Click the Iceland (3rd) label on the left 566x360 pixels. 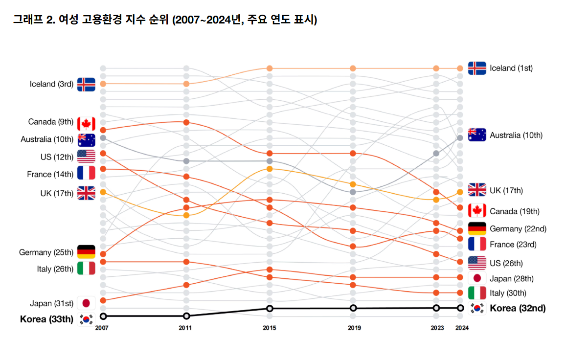[51, 84]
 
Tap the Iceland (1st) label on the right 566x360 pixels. [511, 68]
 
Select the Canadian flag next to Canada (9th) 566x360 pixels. [86, 123]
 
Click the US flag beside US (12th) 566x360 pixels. [86, 157]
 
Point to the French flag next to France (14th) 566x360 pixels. [86, 173]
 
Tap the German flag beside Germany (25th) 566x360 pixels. [86, 252]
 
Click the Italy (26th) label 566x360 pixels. [55, 269]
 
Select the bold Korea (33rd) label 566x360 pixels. [46, 319]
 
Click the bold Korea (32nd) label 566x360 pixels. [518, 308]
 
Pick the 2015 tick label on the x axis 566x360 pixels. [269, 328]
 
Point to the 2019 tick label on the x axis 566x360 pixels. [353, 328]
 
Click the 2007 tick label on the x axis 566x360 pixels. [102, 328]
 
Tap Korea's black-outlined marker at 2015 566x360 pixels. [269, 308]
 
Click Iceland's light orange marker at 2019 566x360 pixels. [353, 68]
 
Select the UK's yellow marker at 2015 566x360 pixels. [269, 169]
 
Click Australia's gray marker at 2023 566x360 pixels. [436, 153]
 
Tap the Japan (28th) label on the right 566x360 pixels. [511, 278]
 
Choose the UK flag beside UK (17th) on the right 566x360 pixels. [477, 190]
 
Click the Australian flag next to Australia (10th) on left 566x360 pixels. [86, 140]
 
